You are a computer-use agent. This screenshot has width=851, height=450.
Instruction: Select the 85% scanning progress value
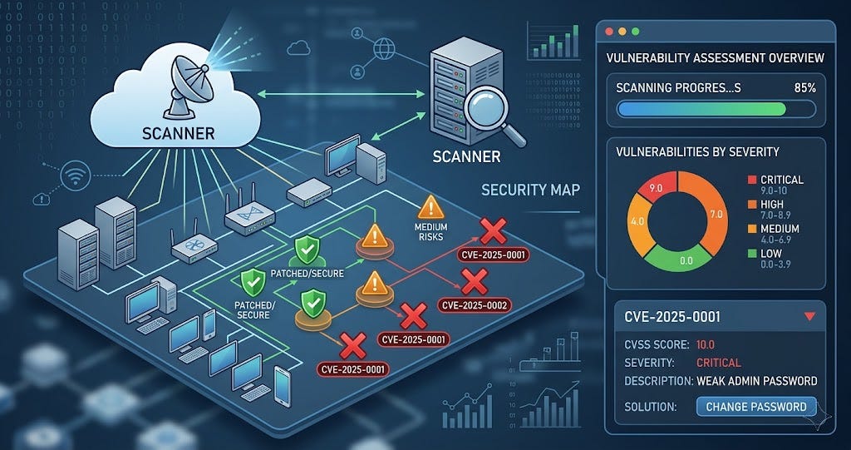805,87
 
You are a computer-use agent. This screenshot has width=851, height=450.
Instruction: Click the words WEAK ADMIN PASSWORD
757,381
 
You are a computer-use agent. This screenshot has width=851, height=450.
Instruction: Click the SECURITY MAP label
529,190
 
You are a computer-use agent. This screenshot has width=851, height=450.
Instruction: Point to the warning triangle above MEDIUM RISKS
429,207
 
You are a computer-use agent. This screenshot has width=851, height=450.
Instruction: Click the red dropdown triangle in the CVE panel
810,316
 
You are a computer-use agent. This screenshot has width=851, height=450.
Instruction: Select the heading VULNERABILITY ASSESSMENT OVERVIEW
714,57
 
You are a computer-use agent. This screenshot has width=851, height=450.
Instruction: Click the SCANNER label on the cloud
178,132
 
